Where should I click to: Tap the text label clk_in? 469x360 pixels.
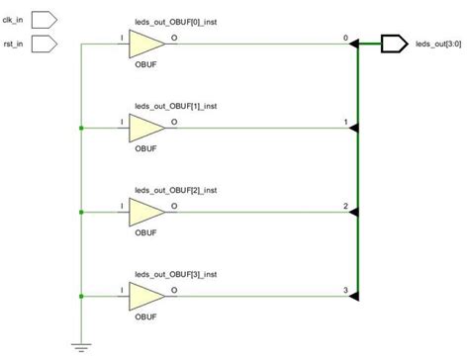tap(14, 19)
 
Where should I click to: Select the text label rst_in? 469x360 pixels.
tap(14, 44)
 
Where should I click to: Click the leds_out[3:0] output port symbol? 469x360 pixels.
tap(393, 44)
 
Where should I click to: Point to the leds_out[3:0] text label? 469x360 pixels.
tap(436, 45)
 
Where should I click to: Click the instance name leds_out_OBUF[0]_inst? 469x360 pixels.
tap(176, 21)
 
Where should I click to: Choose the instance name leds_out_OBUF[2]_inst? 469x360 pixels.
tap(176, 188)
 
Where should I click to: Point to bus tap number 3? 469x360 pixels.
tap(344, 289)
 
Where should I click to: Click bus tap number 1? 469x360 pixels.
tap(344, 122)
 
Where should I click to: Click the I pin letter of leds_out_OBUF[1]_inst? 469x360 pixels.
tap(122, 123)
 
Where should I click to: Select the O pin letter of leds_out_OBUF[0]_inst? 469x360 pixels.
tap(174, 39)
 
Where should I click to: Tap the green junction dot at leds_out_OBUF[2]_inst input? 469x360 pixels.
tap(78, 211)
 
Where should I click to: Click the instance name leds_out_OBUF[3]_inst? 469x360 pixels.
tap(176, 272)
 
